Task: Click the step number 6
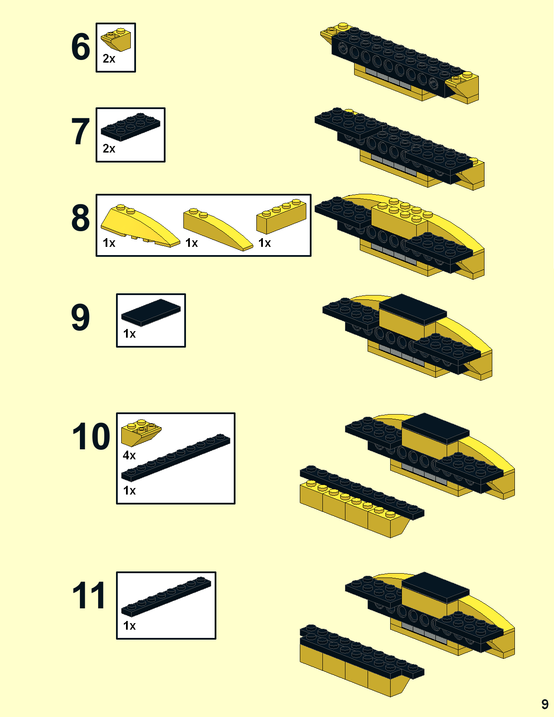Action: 80,46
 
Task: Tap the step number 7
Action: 80,132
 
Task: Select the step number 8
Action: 80,218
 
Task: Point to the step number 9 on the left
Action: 80,317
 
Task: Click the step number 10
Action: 91,436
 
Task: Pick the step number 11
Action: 89,595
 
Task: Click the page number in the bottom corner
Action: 545,704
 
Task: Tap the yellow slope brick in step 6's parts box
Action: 116,40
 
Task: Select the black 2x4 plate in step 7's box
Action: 130,127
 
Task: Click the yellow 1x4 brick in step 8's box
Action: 281,216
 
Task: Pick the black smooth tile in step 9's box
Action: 151,312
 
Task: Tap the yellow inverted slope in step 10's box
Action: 141,432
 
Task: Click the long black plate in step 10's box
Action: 176,457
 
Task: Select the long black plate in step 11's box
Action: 166,597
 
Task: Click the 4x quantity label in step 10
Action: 129,455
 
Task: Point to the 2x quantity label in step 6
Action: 109,59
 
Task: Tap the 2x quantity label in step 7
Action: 109,149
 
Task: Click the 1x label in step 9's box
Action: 129,334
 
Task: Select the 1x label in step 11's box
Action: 129,625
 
